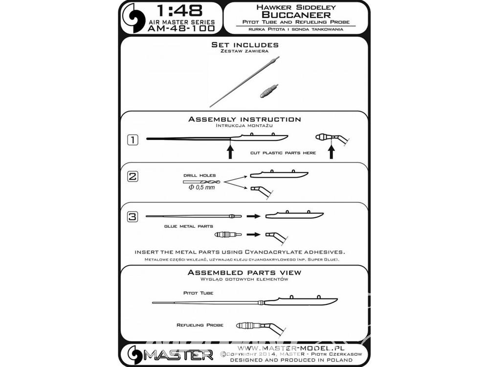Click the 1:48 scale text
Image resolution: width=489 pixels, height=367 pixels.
[x=179, y=11]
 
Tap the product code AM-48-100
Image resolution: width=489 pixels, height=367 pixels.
[x=181, y=28]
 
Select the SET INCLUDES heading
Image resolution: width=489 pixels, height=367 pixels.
[x=245, y=45]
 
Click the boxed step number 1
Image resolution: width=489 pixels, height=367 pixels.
[x=133, y=139]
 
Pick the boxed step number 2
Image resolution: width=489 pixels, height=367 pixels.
[x=133, y=176]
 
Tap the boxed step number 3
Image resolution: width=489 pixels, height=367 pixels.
[x=133, y=216]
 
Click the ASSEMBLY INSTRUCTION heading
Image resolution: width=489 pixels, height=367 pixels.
[x=245, y=119]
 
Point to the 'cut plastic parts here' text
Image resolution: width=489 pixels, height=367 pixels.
[x=283, y=153]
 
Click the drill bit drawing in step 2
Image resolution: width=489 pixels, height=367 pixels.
[x=202, y=182]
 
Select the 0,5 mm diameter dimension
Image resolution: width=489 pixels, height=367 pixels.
[x=202, y=187]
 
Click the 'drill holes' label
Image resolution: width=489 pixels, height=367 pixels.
[x=200, y=175]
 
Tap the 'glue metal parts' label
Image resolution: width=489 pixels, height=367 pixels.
[x=189, y=226]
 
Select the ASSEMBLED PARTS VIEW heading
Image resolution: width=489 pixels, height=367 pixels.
[x=244, y=273]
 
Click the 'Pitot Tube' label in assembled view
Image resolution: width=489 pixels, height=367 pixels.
[x=199, y=293]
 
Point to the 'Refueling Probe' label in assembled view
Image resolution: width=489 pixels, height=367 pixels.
[x=200, y=325]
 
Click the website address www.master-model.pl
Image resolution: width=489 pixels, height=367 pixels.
[x=291, y=348]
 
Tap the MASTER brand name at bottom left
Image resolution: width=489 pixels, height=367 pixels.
[x=178, y=355]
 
